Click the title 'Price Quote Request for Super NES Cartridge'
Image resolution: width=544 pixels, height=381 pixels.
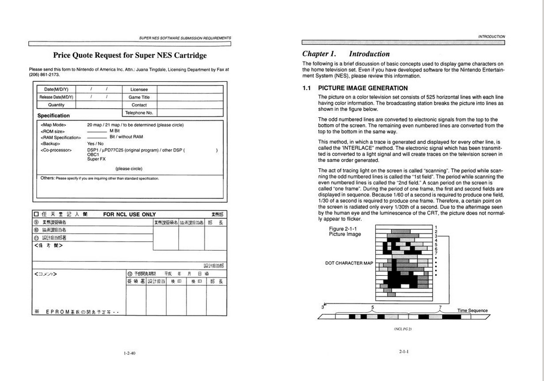[129, 55]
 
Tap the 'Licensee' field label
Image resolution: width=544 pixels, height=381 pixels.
[139, 89]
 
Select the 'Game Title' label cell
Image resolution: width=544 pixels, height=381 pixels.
[139, 97]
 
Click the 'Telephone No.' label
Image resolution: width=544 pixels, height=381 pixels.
[139, 112]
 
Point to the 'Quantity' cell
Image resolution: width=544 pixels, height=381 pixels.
[56, 105]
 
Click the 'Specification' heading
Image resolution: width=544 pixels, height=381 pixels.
[53, 116]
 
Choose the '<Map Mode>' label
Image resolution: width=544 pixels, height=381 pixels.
[53, 125]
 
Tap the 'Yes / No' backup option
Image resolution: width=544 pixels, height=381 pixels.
[95, 144]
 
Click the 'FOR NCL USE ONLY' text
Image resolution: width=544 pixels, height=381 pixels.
[129, 215]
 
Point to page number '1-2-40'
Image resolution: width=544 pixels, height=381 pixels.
[129, 353]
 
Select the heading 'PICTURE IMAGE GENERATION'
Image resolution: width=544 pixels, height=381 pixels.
[362, 88]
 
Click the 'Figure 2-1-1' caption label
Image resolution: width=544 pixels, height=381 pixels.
[344, 229]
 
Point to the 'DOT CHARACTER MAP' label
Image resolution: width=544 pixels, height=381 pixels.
[349, 263]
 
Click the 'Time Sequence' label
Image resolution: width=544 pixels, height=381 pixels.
[472, 311]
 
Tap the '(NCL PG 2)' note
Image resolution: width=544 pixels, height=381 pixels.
[403, 329]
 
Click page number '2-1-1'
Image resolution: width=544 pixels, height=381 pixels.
[403, 352]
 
